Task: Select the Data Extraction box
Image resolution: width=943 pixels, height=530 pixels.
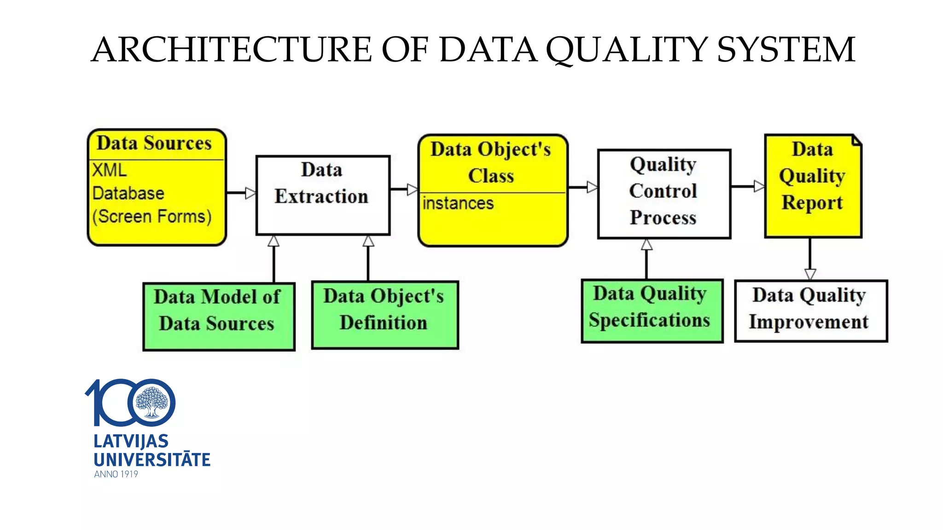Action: [323, 195]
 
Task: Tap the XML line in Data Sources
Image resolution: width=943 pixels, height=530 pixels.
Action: [109, 170]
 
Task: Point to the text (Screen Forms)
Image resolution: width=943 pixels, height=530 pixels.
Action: [152, 216]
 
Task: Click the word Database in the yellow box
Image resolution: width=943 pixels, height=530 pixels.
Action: [128, 193]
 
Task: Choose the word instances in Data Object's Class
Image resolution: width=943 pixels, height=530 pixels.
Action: [458, 203]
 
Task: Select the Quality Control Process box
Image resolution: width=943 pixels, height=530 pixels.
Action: [664, 193]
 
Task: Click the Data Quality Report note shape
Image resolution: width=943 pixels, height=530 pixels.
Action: [812, 189]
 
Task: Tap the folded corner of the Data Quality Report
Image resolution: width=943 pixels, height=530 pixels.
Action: [857, 139]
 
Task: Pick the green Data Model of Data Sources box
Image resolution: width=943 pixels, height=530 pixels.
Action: [219, 317]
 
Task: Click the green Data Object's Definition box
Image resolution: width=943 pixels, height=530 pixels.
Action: [384, 315]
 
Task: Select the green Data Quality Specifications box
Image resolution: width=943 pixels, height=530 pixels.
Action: [652, 311]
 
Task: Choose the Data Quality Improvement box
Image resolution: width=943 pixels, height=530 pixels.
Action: [810, 311]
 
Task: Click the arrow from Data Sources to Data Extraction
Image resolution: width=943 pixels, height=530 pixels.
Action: [241, 193]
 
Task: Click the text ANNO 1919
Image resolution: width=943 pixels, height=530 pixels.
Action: [116, 474]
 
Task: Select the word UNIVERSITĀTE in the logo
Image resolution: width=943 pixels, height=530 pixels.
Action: [152, 459]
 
